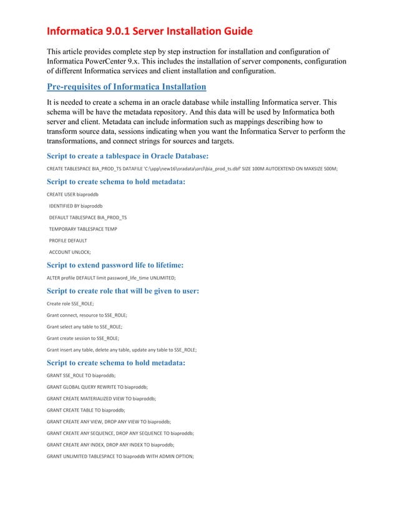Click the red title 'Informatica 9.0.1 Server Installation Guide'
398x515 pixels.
pyautogui.click(x=150, y=31)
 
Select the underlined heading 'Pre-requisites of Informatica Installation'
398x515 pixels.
pyautogui.click(x=127, y=86)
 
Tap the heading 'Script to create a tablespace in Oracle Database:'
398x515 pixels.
pyautogui.click(x=128, y=156)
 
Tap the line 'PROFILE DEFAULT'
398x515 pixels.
pyautogui.click(x=68, y=240)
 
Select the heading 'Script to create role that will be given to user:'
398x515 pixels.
pyautogui.click(x=123, y=291)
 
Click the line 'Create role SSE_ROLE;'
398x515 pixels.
pyautogui.click(x=70, y=304)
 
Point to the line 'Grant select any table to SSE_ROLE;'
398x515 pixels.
pyautogui.click(x=85, y=326)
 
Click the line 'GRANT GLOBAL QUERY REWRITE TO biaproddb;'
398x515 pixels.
pyautogui.click(x=94, y=387)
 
